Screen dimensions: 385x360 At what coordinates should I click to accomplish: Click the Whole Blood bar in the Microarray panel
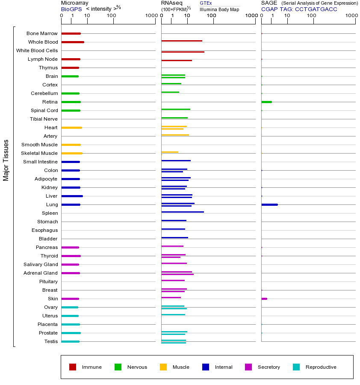73,42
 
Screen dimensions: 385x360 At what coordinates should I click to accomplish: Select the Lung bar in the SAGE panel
269,204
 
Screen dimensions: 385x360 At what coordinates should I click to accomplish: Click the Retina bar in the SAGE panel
266,102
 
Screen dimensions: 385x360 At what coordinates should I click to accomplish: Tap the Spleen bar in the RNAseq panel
183,212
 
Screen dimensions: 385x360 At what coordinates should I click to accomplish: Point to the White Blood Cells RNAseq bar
183,52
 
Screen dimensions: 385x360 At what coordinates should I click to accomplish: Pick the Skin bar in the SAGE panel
264,299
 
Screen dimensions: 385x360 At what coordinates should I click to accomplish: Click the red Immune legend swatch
73,367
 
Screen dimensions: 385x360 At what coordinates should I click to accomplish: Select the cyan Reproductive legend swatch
296,367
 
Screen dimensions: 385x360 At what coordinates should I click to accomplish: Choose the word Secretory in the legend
269,367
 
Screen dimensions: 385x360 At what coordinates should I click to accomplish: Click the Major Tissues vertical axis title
6,160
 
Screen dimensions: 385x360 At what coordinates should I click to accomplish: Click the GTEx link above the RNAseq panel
206,3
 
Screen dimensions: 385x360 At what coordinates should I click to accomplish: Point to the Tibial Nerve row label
44,119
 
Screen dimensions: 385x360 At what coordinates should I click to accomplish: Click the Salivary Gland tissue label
41,264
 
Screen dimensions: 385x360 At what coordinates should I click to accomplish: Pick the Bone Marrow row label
42,33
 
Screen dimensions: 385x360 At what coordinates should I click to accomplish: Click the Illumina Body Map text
219,9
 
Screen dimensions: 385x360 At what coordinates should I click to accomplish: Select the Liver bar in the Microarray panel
72,196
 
